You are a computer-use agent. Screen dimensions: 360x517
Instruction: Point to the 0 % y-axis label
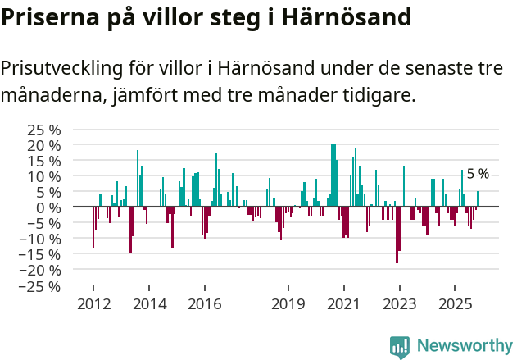tap(48, 207)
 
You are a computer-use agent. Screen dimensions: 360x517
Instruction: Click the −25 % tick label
tap(40, 286)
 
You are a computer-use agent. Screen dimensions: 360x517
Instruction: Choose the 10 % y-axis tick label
tap(44, 176)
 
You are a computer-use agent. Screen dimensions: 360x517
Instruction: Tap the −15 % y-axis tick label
tap(40, 254)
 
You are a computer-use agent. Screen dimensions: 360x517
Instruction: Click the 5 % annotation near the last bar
tap(478, 174)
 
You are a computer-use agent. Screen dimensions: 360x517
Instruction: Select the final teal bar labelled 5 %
tap(478, 199)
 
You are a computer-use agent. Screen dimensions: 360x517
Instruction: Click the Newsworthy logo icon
tap(400, 347)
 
